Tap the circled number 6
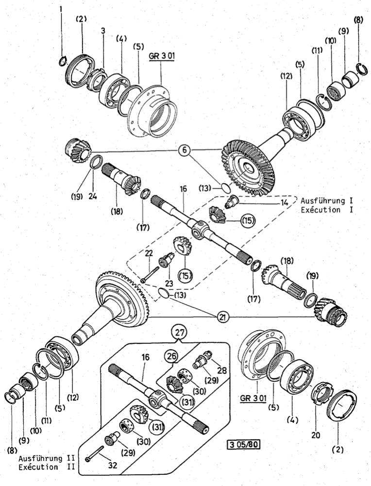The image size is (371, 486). [x=184, y=150]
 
